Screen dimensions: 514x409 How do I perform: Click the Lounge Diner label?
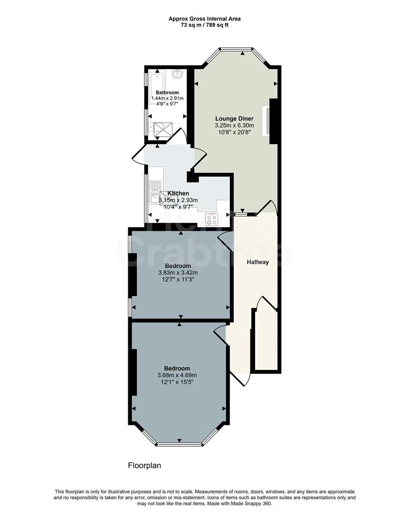(234, 119)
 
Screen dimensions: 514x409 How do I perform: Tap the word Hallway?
(257, 262)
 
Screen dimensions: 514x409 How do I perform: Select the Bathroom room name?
(167, 92)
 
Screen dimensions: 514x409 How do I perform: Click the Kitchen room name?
(178, 193)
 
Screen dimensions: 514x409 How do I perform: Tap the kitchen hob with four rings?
(211, 219)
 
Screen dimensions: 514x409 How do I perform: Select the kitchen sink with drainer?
(154, 190)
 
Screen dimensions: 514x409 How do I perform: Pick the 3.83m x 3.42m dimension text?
(178, 273)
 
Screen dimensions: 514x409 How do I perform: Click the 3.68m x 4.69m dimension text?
(177, 376)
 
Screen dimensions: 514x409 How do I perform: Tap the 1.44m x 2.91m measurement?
(167, 99)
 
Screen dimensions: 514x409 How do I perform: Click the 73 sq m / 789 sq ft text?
(204, 25)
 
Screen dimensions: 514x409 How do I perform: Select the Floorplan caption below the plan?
(144, 465)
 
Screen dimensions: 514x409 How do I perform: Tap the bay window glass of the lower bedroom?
(180, 445)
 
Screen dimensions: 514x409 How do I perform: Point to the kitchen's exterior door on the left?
(138, 155)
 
